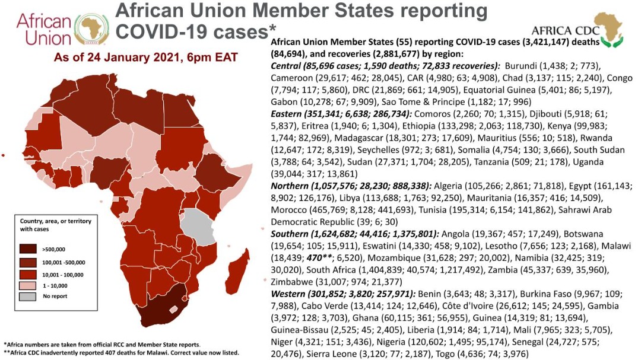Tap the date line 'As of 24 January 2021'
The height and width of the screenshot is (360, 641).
pos(145,58)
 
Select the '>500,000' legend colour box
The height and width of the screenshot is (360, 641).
pos(30,249)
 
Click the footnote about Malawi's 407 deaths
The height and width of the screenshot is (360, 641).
pos(122,352)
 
